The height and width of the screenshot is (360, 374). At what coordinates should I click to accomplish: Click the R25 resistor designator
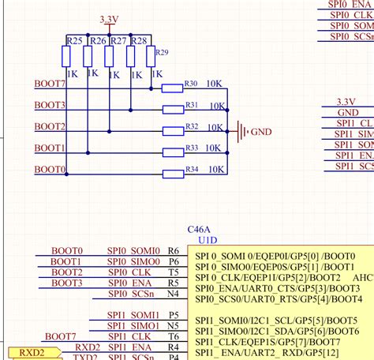pyautogui.click(x=75, y=40)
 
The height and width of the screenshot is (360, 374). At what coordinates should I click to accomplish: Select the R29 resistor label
pyautogui.click(x=161, y=52)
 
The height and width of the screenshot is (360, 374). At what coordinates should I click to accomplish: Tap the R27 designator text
pyautogui.click(x=118, y=40)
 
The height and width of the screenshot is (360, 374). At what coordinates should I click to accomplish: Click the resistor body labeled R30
pyautogui.click(x=172, y=88)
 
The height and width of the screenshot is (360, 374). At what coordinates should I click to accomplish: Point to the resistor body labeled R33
pyautogui.click(x=172, y=152)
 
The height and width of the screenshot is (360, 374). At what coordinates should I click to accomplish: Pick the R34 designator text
pyautogui.click(x=191, y=169)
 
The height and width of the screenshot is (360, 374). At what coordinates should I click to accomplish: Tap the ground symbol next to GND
pyautogui.click(x=241, y=132)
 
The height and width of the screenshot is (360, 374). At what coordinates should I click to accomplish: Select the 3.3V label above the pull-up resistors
pyautogui.click(x=110, y=17)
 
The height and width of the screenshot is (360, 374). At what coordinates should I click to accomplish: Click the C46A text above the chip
pyautogui.click(x=199, y=227)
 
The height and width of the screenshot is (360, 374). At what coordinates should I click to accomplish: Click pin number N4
pyautogui.click(x=174, y=294)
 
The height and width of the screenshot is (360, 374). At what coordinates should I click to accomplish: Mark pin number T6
pyautogui.click(x=174, y=336)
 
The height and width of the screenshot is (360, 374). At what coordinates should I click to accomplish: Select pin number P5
pyautogui.click(x=174, y=314)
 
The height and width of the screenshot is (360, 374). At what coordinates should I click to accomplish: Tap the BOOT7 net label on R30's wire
pyautogui.click(x=50, y=84)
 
